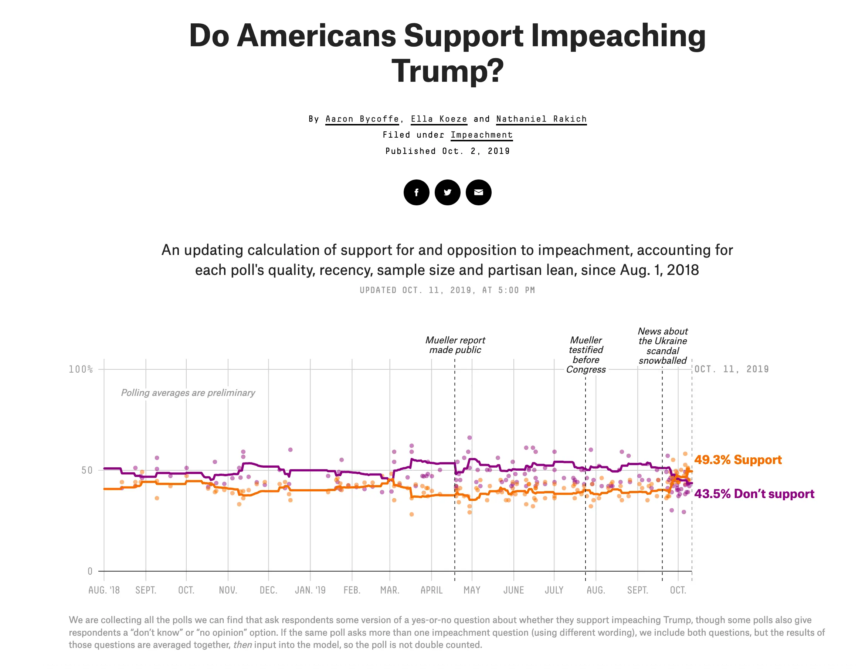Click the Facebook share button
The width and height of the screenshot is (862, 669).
(416, 192)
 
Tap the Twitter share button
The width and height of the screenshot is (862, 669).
(447, 192)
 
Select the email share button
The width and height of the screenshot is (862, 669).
(478, 192)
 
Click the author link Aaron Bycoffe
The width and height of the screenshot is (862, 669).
(362, 119)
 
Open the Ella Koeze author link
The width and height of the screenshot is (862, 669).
(439, 119)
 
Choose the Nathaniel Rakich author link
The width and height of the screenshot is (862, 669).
(541, 119)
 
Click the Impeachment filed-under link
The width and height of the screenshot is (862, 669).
(482, 135)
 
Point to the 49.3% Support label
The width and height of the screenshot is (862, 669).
(738, 460)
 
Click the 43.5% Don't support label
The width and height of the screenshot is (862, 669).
(754, 494)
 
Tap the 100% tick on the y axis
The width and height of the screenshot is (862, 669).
(81, 370)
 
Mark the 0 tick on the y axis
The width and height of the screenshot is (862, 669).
(90, 571)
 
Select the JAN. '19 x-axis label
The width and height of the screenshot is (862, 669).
(310, 590)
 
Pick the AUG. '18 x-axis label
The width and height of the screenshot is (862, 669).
(104, 590)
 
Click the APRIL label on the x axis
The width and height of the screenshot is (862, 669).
(431, 590)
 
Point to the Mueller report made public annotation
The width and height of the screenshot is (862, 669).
(455, 345)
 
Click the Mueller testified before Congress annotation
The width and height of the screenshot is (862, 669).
(586, 354)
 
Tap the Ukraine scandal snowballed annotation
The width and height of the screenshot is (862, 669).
(663, 346)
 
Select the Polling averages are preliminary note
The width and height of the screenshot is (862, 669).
(188, 393)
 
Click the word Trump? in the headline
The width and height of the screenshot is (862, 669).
(448, 71)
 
